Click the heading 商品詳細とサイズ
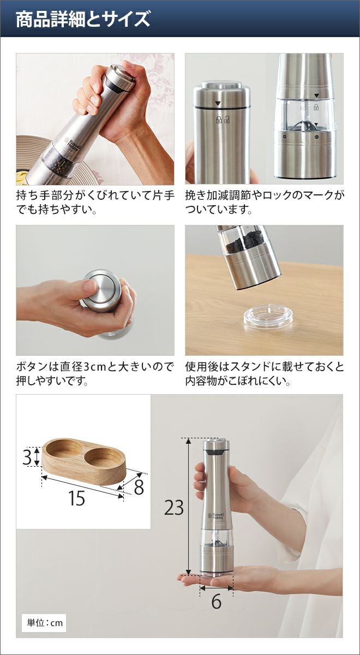(x=83, y=19)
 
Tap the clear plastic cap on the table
(x=268, y=318)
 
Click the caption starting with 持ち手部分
(x=95, y=203)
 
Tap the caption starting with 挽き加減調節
(x=265, y=203)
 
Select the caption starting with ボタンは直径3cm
(x=95, y=374)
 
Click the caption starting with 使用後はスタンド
(x=265, y=374)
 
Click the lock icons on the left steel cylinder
(x=223, y=120)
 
